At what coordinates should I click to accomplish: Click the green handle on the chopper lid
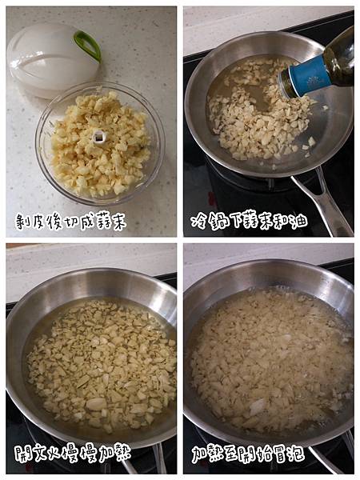click(88, 46)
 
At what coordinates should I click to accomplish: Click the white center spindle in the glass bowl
click(99, 137)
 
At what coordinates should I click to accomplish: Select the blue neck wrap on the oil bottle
click(308, 77)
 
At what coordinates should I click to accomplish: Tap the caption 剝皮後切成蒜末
click(70, 222)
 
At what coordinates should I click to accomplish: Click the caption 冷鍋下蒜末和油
click(249, 221)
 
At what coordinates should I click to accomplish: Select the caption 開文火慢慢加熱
click(73, 453)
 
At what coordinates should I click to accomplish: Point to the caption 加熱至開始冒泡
click(248, 454)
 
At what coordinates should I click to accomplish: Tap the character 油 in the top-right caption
click(299, 221)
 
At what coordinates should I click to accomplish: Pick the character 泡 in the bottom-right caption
click(297, 454)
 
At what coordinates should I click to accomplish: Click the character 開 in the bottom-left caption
click(22, 454)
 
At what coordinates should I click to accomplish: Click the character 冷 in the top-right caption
click(198, 222)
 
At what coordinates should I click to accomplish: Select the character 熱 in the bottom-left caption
click(122, 453)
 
